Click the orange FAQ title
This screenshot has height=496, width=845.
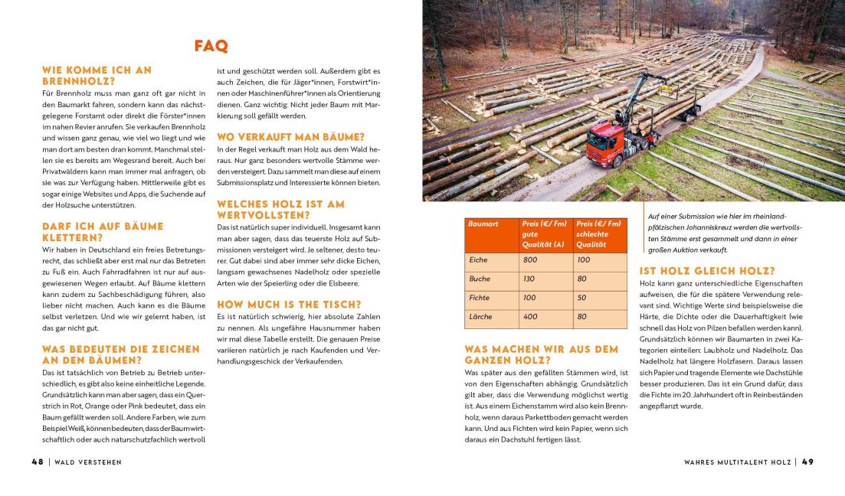[211, 46]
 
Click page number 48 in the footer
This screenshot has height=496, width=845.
[37, 462]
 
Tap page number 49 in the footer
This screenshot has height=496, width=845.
[807, 462]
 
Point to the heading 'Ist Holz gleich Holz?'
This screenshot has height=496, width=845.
[707, 271]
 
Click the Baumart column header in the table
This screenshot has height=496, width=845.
[483, 224]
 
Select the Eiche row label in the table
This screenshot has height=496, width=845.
[478, 260]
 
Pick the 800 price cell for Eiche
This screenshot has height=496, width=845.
[530, 260]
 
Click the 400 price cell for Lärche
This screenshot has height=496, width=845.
[530, 316]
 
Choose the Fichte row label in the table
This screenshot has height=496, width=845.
[480, 298]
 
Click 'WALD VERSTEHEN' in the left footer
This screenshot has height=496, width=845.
[88, 462]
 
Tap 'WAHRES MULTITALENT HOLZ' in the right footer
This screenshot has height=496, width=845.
[739, 462]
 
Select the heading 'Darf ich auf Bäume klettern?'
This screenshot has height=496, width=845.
[103, 232]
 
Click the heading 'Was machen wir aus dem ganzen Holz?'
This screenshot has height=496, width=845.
[541, 354]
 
